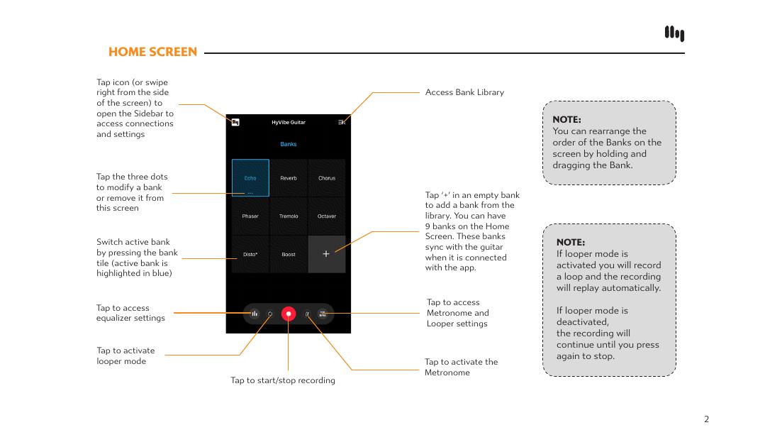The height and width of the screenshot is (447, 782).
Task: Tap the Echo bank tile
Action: (250, 178)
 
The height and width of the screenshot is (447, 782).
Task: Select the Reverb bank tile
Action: (289, 178)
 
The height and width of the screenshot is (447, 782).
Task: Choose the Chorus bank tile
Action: (327, 178)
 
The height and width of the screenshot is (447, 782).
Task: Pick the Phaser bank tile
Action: (250, 216)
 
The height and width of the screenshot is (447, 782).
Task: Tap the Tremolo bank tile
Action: (289, 216)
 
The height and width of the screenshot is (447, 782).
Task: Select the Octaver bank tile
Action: (327, 216)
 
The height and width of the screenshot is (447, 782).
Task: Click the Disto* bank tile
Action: (250, 254)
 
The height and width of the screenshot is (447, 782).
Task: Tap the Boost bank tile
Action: (289, 254)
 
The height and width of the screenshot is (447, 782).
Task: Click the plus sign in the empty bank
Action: (326, 254)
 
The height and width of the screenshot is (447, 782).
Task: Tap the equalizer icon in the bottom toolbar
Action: (254, 314)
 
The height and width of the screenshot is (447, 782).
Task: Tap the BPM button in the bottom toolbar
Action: (323, 314)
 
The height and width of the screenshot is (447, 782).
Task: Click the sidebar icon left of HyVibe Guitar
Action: (235, 122)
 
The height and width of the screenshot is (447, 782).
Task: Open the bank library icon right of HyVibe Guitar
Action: (342, 122)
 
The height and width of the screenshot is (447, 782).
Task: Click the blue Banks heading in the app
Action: (289, 144)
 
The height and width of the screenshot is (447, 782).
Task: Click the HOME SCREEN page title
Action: (152, 52)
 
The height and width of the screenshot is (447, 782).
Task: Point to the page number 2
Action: (706, 419)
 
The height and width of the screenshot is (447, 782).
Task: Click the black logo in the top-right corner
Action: (674, 33)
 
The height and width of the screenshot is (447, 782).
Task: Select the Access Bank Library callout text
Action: (464, 92)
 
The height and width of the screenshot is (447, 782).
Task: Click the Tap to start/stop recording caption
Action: (283, 380)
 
